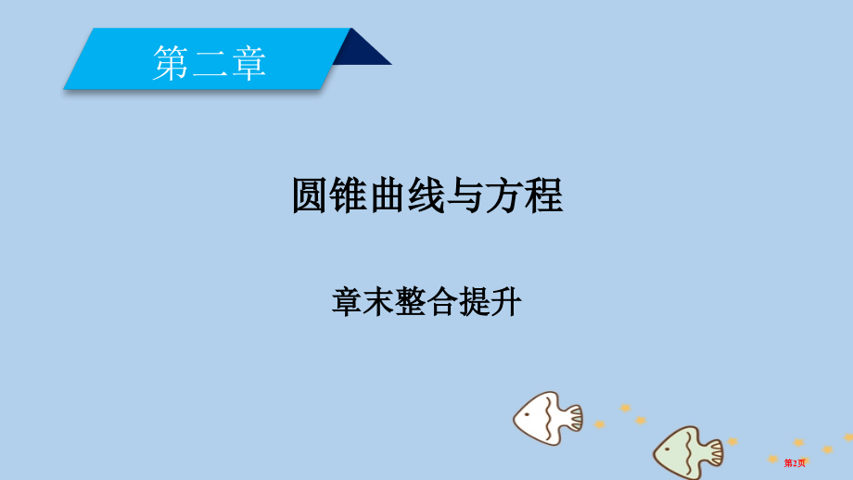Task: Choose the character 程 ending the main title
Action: (544, 196)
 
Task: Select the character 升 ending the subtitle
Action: (506, 302)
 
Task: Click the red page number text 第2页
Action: (796, 461)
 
